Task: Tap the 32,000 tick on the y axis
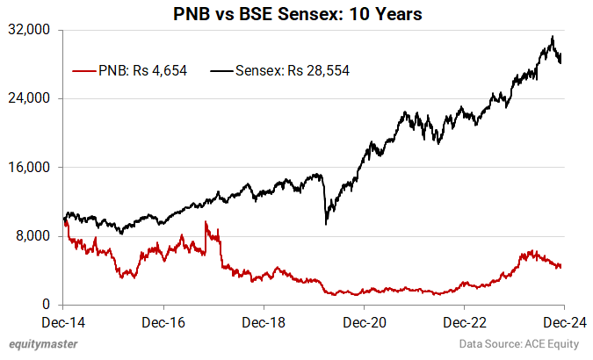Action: tap(32, 30)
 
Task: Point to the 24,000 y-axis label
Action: tap(32, 98)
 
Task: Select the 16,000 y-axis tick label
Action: tap(32, 167)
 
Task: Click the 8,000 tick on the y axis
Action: tap(35, 236)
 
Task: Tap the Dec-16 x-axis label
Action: tap(164, 322)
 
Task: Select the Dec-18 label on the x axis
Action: tap(264, 322)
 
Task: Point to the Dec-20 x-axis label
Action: tap(365, 322)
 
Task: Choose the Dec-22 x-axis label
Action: tap(466, 322)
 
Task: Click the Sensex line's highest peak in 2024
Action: tap(552, 37)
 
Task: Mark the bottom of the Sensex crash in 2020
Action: tap(326, 224)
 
